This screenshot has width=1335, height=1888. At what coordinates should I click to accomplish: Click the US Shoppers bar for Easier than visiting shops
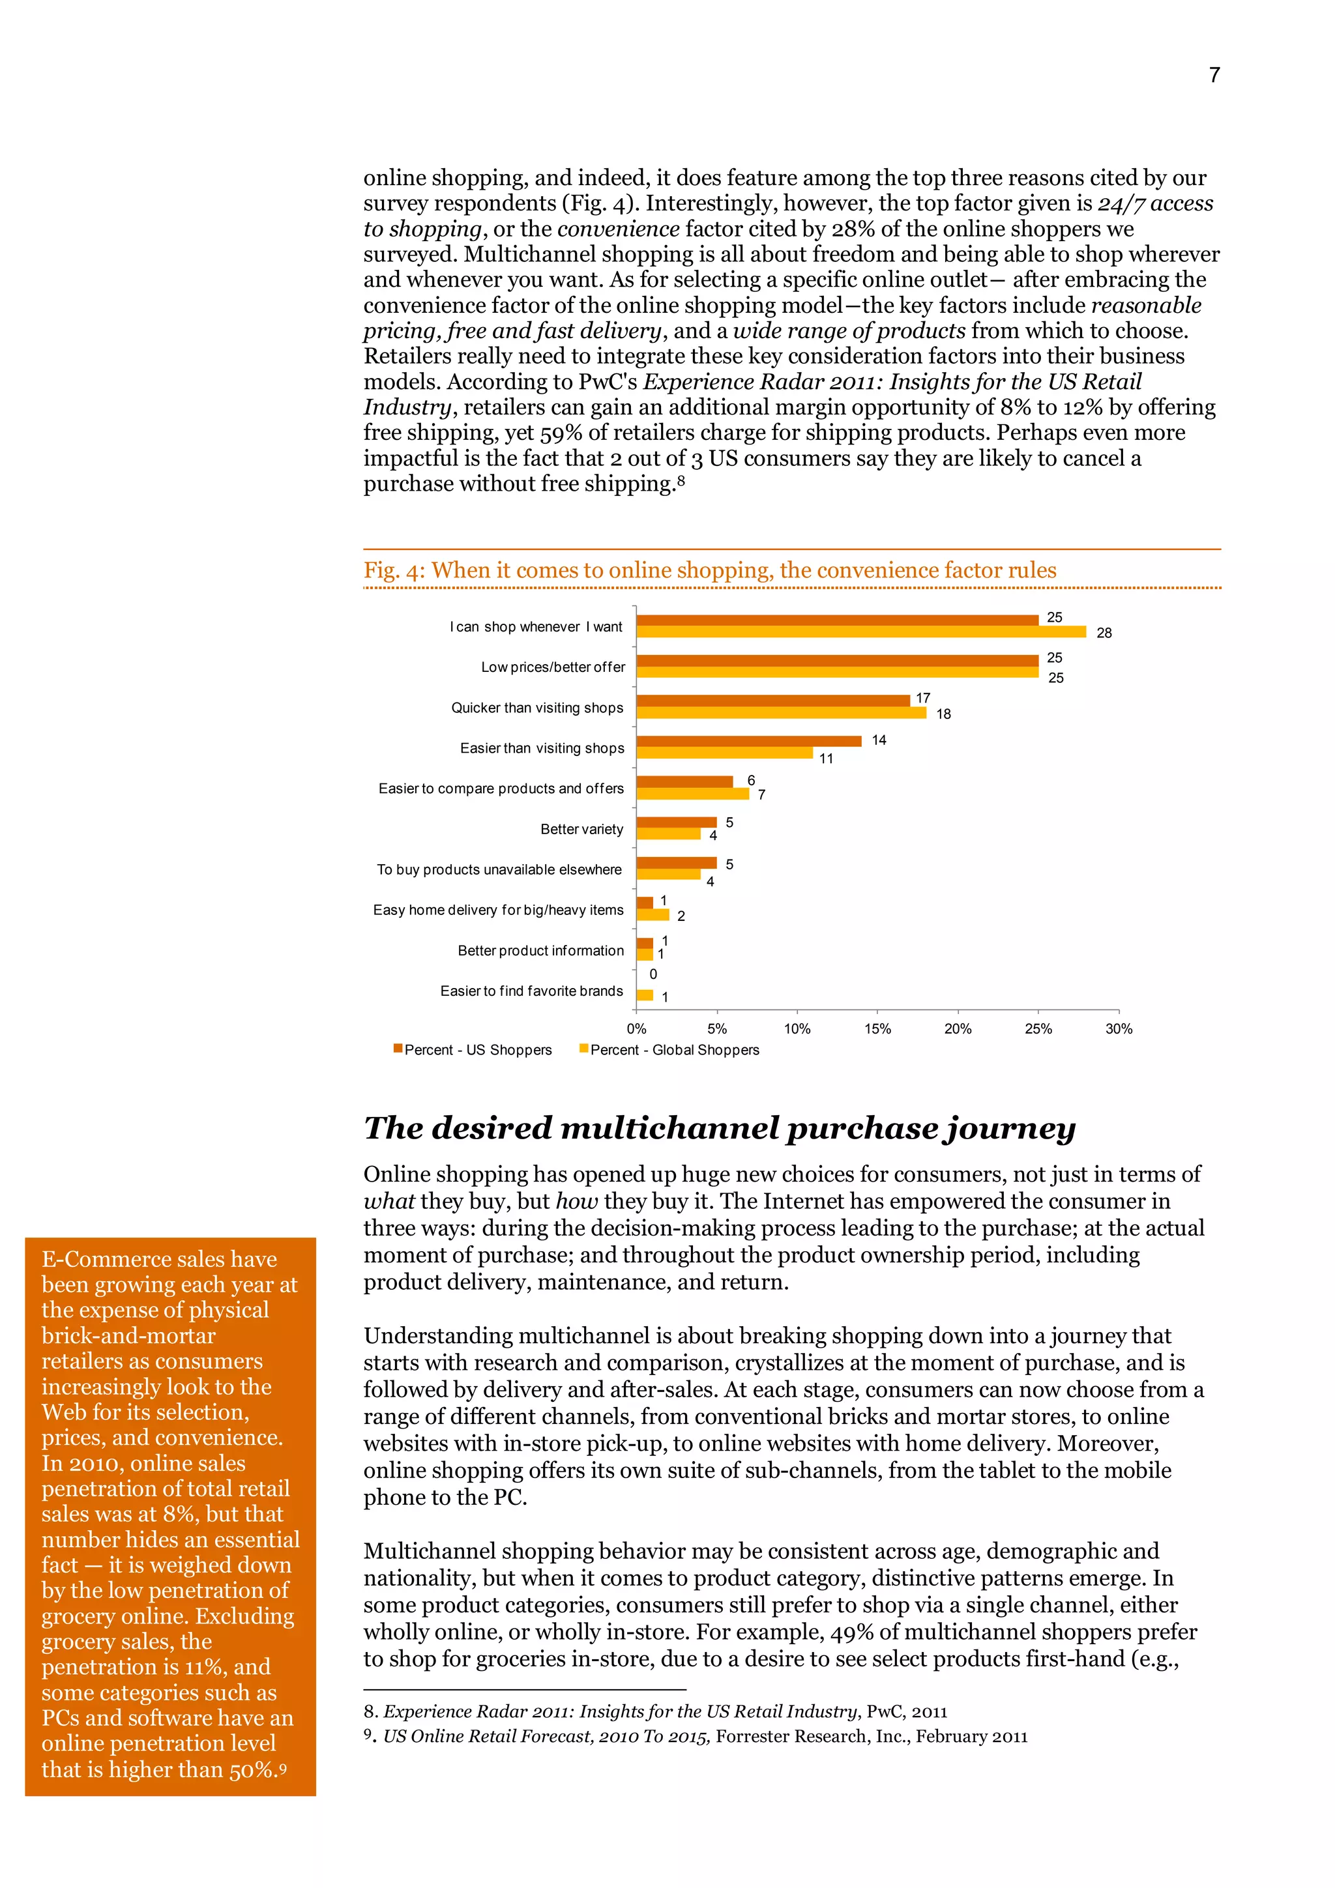[748, 741]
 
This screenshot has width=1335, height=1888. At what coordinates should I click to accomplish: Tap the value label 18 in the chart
[943, 714]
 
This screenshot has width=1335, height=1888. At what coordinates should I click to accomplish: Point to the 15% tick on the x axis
[877, 1028]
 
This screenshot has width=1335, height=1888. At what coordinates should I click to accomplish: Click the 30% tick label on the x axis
[1118, 1028]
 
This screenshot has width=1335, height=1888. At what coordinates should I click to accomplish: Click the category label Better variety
[581, 829]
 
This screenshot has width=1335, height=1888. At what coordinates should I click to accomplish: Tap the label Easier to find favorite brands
[531, 991]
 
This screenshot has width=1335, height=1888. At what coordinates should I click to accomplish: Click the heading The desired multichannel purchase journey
[719, 1127]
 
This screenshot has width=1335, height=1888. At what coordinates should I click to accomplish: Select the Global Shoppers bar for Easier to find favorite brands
[645, 995]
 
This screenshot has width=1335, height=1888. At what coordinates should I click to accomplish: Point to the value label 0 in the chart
[653, 974]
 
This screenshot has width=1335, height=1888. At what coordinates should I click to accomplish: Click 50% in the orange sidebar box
[252, 1769]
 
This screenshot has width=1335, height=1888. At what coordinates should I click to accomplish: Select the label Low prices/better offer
[553, 667]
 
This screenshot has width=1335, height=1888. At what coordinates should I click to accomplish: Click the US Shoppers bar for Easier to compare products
[684, 781]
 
